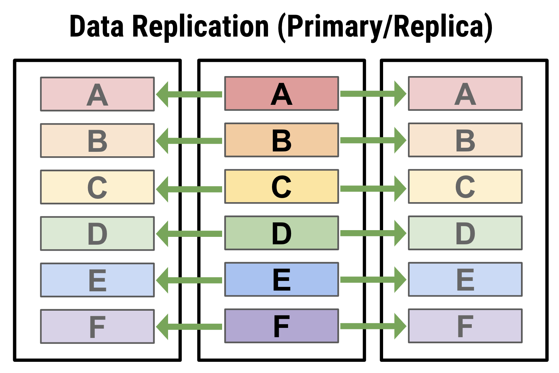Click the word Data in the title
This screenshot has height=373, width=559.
(97, 26)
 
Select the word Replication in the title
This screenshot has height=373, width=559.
(200, 28)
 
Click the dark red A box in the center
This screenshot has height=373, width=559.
(281, 94)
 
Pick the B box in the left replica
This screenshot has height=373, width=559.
(97, 140)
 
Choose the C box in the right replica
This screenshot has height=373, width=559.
(465, 186)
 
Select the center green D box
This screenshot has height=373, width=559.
(281, 233)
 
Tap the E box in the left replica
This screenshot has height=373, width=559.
(97, 280)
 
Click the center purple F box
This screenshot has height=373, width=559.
(281, 326)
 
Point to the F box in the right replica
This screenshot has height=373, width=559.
(465, 326)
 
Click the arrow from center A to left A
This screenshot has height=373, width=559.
(189, 94)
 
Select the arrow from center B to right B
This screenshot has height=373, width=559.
(373, 140)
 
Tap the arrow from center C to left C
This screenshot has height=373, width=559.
(189, 189)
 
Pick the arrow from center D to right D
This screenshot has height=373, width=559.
(373, 233)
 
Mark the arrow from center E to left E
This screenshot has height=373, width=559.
(189, 280)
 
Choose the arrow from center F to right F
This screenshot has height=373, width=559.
(373, 326)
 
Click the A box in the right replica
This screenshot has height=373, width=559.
(465, 94)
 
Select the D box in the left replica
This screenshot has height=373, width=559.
(97, 233)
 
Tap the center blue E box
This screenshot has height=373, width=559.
(281, 279)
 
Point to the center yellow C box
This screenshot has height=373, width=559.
(281, 186)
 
